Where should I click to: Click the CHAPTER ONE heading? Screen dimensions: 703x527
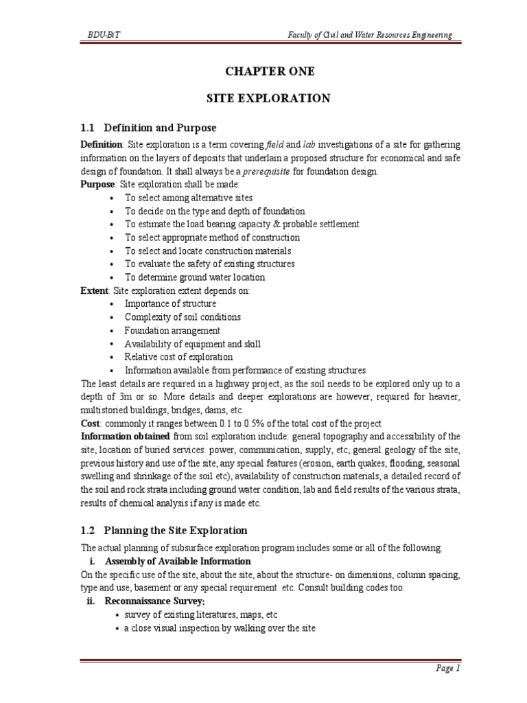click(x=268, y=71)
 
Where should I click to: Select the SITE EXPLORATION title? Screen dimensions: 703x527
click(x=268, y=99)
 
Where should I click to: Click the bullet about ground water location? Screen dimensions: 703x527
click(x=194, y=277)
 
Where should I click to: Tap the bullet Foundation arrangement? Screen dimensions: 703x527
click(x=172, y=330)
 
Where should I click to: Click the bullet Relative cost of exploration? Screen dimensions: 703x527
click(x=178, y=357)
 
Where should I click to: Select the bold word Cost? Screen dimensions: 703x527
click(x=90, y=423)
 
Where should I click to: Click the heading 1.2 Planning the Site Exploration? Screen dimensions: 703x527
click(x=164, y=531)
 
